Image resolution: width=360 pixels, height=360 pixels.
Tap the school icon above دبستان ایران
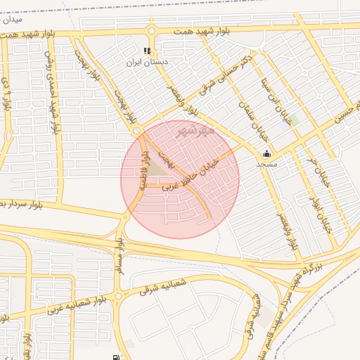pos(147,51)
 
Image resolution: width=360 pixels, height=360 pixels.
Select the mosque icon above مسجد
pos(266,154)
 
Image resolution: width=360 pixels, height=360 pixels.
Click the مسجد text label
pos(266,165)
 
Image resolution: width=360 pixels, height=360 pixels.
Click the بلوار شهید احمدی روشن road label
pos(51,90)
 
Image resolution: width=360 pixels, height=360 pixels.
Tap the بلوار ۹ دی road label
pos(7,91)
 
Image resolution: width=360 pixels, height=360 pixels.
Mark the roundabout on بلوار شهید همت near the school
pos(151,30)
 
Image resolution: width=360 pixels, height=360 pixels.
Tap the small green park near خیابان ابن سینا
pos(294,120)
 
